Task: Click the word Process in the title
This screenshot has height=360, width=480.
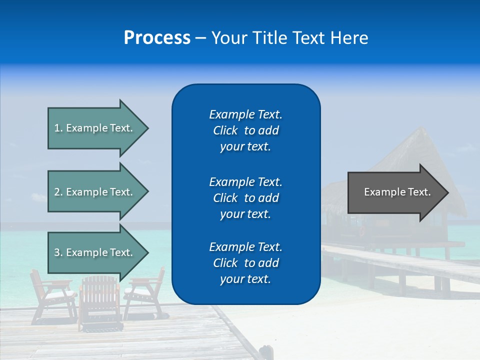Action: (x=157, y=38)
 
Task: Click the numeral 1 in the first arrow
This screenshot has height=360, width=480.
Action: (x=57, y=128)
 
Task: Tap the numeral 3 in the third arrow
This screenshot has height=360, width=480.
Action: (x=57, y=252)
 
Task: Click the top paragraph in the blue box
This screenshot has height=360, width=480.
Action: (x=245, y=130)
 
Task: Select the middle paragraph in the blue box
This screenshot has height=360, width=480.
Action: (x=245, y=198)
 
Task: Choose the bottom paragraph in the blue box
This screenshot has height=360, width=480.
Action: (x=245, y=263)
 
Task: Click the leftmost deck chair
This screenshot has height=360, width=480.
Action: (x=50, y=295)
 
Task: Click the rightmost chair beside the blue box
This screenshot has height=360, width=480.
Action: (x=146, y=295)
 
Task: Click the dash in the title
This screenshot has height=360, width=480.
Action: (x=200, y=38)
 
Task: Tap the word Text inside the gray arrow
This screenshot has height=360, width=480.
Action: (x=419, y=192)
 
